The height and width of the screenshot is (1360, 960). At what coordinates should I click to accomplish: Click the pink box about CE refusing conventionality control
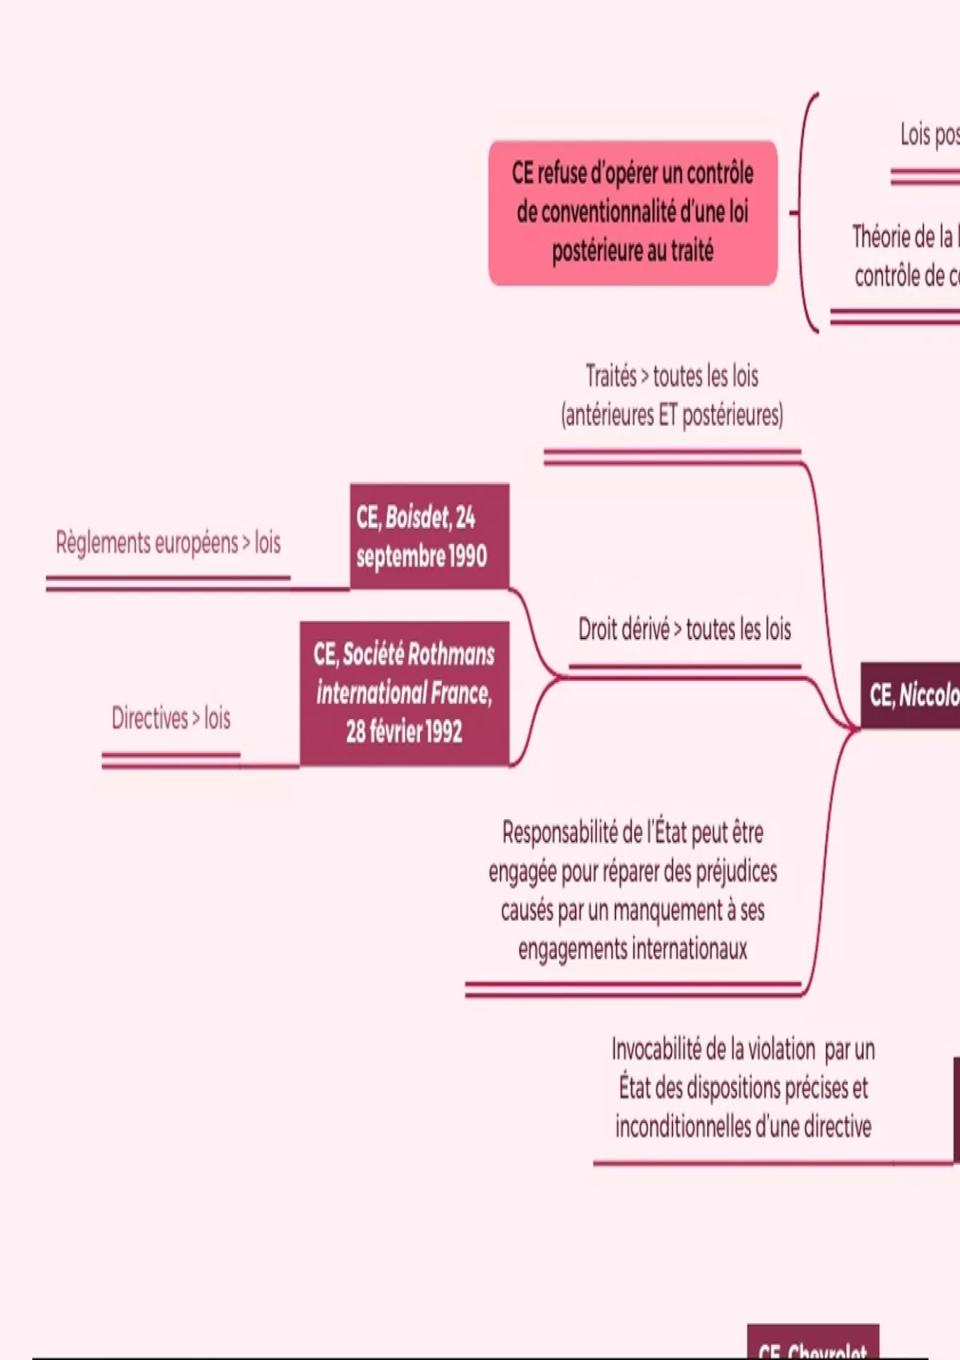click(633, 213)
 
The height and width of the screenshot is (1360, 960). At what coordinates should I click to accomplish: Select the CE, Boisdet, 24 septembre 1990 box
click(429, 536)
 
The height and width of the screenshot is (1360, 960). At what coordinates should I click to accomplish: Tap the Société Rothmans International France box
click(404, 693)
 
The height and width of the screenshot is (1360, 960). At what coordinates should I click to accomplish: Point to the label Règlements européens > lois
click(168, 543)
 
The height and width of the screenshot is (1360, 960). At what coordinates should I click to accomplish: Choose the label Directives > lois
click(170, 718)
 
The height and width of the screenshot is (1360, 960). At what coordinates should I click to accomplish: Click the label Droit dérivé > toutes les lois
click(684, 630)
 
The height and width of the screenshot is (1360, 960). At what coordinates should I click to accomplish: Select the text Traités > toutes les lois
click(671, 376)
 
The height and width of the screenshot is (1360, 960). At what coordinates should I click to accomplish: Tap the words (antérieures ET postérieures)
click(672, 415)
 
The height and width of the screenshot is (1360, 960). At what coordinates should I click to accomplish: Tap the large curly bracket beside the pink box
click(806, 213)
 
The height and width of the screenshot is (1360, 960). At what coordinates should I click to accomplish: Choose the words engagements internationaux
click(632, 950)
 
